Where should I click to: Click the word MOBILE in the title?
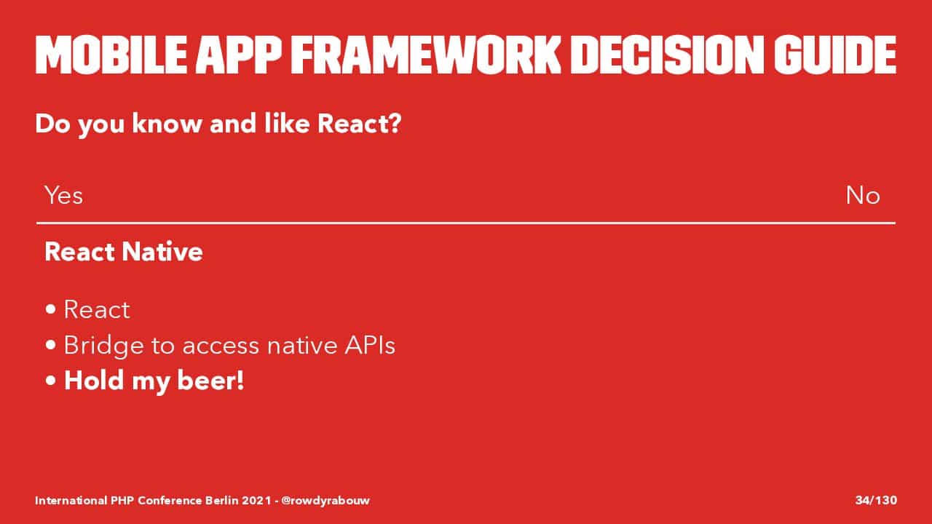click(x=111, y=55)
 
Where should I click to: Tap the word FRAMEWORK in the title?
click(x=426, y=55)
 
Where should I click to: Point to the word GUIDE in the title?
click(x=835, y=55)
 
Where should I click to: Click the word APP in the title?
click(x=239, y=55)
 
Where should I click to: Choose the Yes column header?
click(x=63, y=195)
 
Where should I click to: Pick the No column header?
click(x=863, y=195)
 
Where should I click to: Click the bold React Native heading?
click(x=124, y=252)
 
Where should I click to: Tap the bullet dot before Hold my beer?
click(x=51, y=381)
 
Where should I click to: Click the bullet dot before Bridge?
click(x=51, y=345)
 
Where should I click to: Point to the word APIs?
click(x=370, y=345)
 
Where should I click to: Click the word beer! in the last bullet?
click(x=210, y=380)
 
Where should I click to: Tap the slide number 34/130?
click(x=876, y=500)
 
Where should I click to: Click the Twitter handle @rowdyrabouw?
click(x=325, y=500)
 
